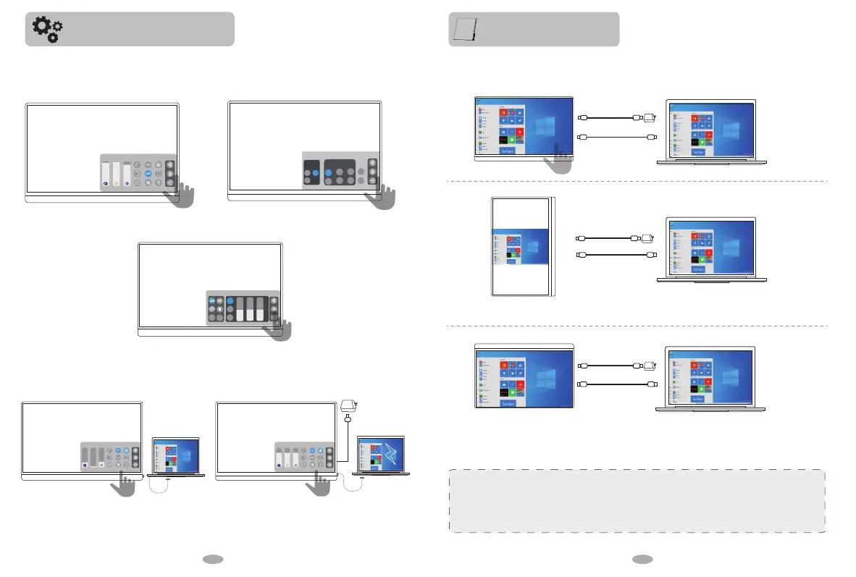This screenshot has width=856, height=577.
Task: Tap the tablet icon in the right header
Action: coord(463,29)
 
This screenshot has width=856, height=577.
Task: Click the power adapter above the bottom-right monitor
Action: coord(348,408)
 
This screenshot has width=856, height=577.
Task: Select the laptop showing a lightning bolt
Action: coord(381,456)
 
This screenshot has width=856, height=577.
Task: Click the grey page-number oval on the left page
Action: coord(212,559)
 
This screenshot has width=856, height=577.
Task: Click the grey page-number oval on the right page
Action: coord(641,559)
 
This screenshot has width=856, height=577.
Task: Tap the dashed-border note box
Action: coord(637,501)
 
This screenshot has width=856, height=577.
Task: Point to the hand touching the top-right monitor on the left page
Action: coord(383,196)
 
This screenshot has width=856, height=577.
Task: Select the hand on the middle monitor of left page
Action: coord(278,329)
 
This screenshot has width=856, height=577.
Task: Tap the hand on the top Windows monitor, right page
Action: coord(558,159)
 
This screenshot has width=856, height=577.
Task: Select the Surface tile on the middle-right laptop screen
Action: coord(697,269)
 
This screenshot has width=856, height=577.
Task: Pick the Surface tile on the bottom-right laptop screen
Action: coord(697,399)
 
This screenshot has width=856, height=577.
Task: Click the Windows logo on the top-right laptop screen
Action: coord(731,131)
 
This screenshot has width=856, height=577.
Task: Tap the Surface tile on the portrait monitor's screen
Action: coord(512,262)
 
